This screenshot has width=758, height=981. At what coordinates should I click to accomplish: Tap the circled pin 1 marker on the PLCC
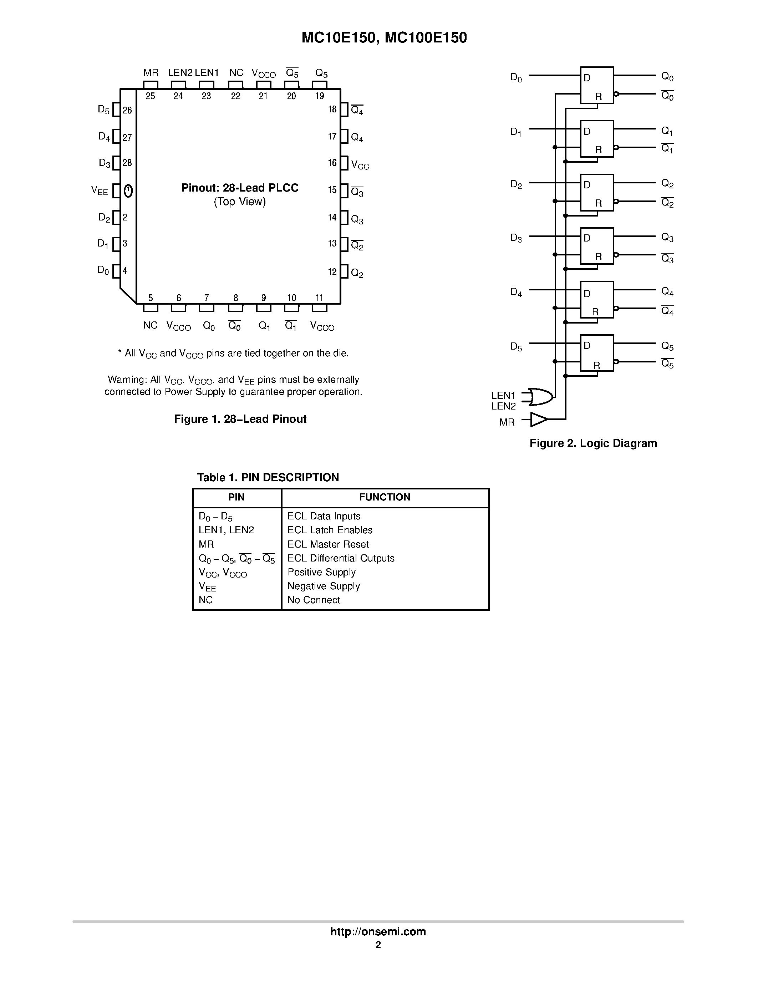pyautogui.click(x=128, y=190)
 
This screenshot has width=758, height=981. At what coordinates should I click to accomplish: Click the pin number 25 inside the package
pyautogui.click(x=151, y=96)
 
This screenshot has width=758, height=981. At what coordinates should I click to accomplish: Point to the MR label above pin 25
pyautogui.click(x=151, y=73)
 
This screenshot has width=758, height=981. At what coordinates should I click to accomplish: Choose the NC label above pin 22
pyautogui.click(x=236, y=73)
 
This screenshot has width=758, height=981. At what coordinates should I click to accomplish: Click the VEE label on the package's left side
pyautogui.click(x=100, y=191)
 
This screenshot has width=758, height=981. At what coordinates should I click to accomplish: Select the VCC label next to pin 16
pyautogui.click(x=360, y=165)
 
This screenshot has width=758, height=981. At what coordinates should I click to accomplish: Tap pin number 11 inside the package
pyautogui.click(x=319, y=298)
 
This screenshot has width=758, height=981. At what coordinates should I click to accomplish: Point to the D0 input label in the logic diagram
pyautogui.click(x=516, y=78)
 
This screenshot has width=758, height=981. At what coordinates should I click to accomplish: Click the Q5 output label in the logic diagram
pyautogui.click(x=667, y=346)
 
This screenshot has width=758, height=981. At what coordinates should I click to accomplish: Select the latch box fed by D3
pyautogui.click(x=597, y=246)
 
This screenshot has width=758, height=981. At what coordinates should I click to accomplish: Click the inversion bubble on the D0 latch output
pyautogui.click(x=616, y=94)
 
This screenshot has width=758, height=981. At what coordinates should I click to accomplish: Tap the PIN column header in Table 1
pyautogui.click(x=236, y=497)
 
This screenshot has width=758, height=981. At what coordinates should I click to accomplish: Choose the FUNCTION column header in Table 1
pyautogui.click(x=385, y=497)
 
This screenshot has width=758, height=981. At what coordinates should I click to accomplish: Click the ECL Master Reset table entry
pyautogui.click(x=328, y=544)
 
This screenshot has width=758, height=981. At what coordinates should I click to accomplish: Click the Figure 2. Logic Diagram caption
pyautogui.click(x=593, y=443)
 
